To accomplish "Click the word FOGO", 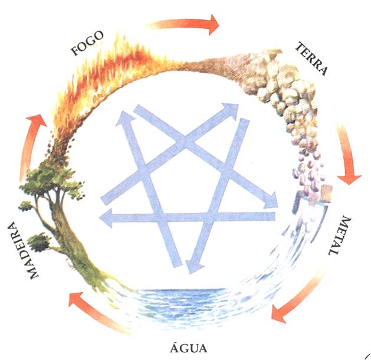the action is click(x=87, y=43).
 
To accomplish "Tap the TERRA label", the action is click(x=312, y=58).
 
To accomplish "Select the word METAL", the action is click(x=340, y=235).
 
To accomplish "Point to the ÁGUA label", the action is click(x=189, y=348).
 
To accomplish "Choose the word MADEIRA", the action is click(x=22, y=250).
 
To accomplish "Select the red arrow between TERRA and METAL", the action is click(x=348, y=154).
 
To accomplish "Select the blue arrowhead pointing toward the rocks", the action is click(x=229, y=110).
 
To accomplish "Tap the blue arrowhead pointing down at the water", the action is click(x=194, y=267).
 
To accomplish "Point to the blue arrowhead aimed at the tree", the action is click(x=106, y=218).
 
